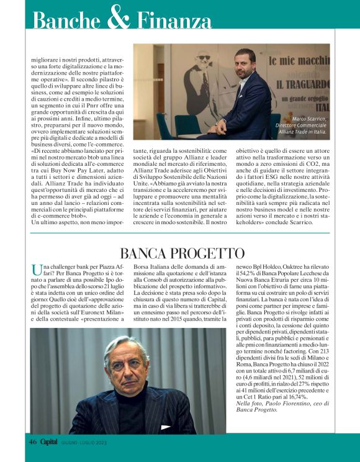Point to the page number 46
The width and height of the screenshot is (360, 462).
33,442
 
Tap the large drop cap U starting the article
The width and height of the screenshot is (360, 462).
35,269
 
